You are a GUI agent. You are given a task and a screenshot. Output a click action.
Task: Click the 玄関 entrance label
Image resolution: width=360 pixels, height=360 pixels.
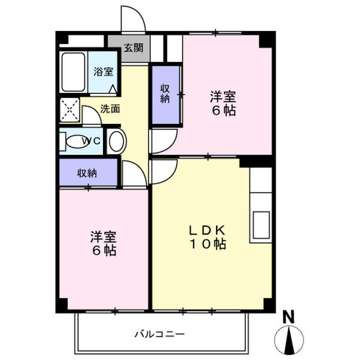[x=134, y=48]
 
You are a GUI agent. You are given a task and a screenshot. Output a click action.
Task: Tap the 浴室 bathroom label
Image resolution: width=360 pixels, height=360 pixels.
[x=103, y=71]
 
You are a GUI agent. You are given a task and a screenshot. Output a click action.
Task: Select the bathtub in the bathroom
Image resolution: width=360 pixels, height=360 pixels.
[x=73, y=72]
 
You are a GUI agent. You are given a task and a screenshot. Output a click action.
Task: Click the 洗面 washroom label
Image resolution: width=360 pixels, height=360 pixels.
[x=110, y=109]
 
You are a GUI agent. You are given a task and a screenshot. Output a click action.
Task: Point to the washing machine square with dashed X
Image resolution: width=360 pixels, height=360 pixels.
[x=70, y=110]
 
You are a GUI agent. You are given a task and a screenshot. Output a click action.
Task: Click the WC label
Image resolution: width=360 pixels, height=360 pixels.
[x=91, y=141]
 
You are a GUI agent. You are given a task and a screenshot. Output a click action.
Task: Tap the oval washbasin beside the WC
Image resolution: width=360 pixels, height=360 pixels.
[x=116, y=141]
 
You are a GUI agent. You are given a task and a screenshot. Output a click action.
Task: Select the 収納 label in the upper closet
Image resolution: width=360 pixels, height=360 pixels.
[x=165, y=93]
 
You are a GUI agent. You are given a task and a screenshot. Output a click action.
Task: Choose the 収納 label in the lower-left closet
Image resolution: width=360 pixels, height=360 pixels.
[x=87, y=173]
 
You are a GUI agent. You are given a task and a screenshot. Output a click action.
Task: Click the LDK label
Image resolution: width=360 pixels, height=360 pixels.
[x=207, y=230]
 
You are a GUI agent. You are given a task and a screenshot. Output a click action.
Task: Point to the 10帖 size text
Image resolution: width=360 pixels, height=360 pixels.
[x=208, y=244]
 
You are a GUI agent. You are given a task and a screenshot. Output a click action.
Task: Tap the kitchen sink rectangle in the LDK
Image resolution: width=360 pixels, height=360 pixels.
[x=261, y=225]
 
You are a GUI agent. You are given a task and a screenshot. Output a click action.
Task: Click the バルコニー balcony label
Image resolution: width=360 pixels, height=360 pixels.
[x=159, y=334]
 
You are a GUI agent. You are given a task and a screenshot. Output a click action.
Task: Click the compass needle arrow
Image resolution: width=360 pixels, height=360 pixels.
[x=289, y=339]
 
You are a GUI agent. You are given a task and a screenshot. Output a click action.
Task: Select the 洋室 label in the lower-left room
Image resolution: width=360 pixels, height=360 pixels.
[x=103, y=237]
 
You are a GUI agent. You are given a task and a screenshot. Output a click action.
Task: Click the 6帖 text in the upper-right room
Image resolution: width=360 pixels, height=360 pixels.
[x=224, y=110]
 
